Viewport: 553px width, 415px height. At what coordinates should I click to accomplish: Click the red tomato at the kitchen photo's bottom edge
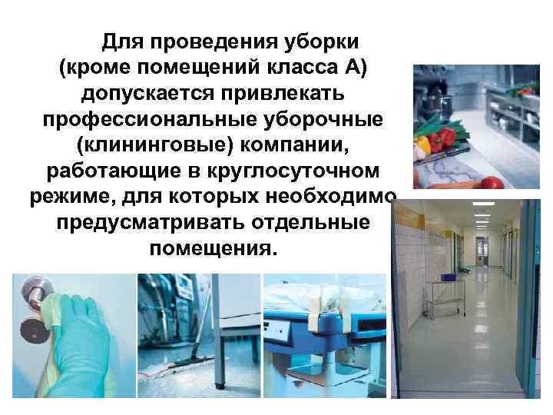tap(492, 183)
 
